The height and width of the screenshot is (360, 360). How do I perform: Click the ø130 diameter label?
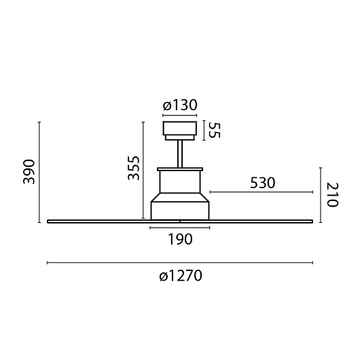point(180,105)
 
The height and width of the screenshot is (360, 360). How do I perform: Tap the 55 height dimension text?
point(215,130)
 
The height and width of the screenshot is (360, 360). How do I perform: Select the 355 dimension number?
point(134,168)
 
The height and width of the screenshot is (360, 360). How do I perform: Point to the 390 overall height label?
point(29,172)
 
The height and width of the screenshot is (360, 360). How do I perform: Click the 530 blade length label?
point(262,183)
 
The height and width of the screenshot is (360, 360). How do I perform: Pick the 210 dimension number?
point(332,195)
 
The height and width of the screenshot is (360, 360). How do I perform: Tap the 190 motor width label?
point(180,239)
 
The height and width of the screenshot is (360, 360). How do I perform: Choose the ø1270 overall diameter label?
point(181,276)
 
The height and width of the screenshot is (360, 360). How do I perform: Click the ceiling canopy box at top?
point(180,128)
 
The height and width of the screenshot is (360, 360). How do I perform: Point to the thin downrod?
point(180,154)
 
